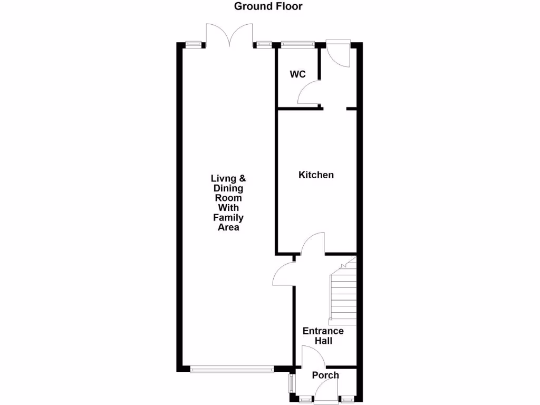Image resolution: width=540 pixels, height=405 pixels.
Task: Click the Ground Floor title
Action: pyautogui.click(x=268, y=6)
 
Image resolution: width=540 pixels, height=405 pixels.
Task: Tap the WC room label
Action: pyautogui.click(x=297, y=74)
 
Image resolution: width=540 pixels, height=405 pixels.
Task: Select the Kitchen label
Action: pyautogui.click(x=316, y=175)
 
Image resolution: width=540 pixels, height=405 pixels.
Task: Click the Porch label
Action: pyautogui.click(x=325, y=375)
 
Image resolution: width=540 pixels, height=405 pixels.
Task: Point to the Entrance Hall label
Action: pyautogui.click(x=323, y=336)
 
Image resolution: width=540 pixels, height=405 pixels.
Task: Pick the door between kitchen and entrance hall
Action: pyautogui.click(x=313, y=244)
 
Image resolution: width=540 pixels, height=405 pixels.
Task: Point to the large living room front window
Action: pyautogui.click(x=232, y=370)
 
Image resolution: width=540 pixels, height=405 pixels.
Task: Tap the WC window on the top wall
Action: pyautogui.click(x=297, y=44)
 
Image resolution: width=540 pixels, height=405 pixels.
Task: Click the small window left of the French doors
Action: pyautogui.click(x=194, y=44)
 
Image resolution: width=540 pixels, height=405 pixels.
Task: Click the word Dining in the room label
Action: pyautogui.click(x=228, y=188)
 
